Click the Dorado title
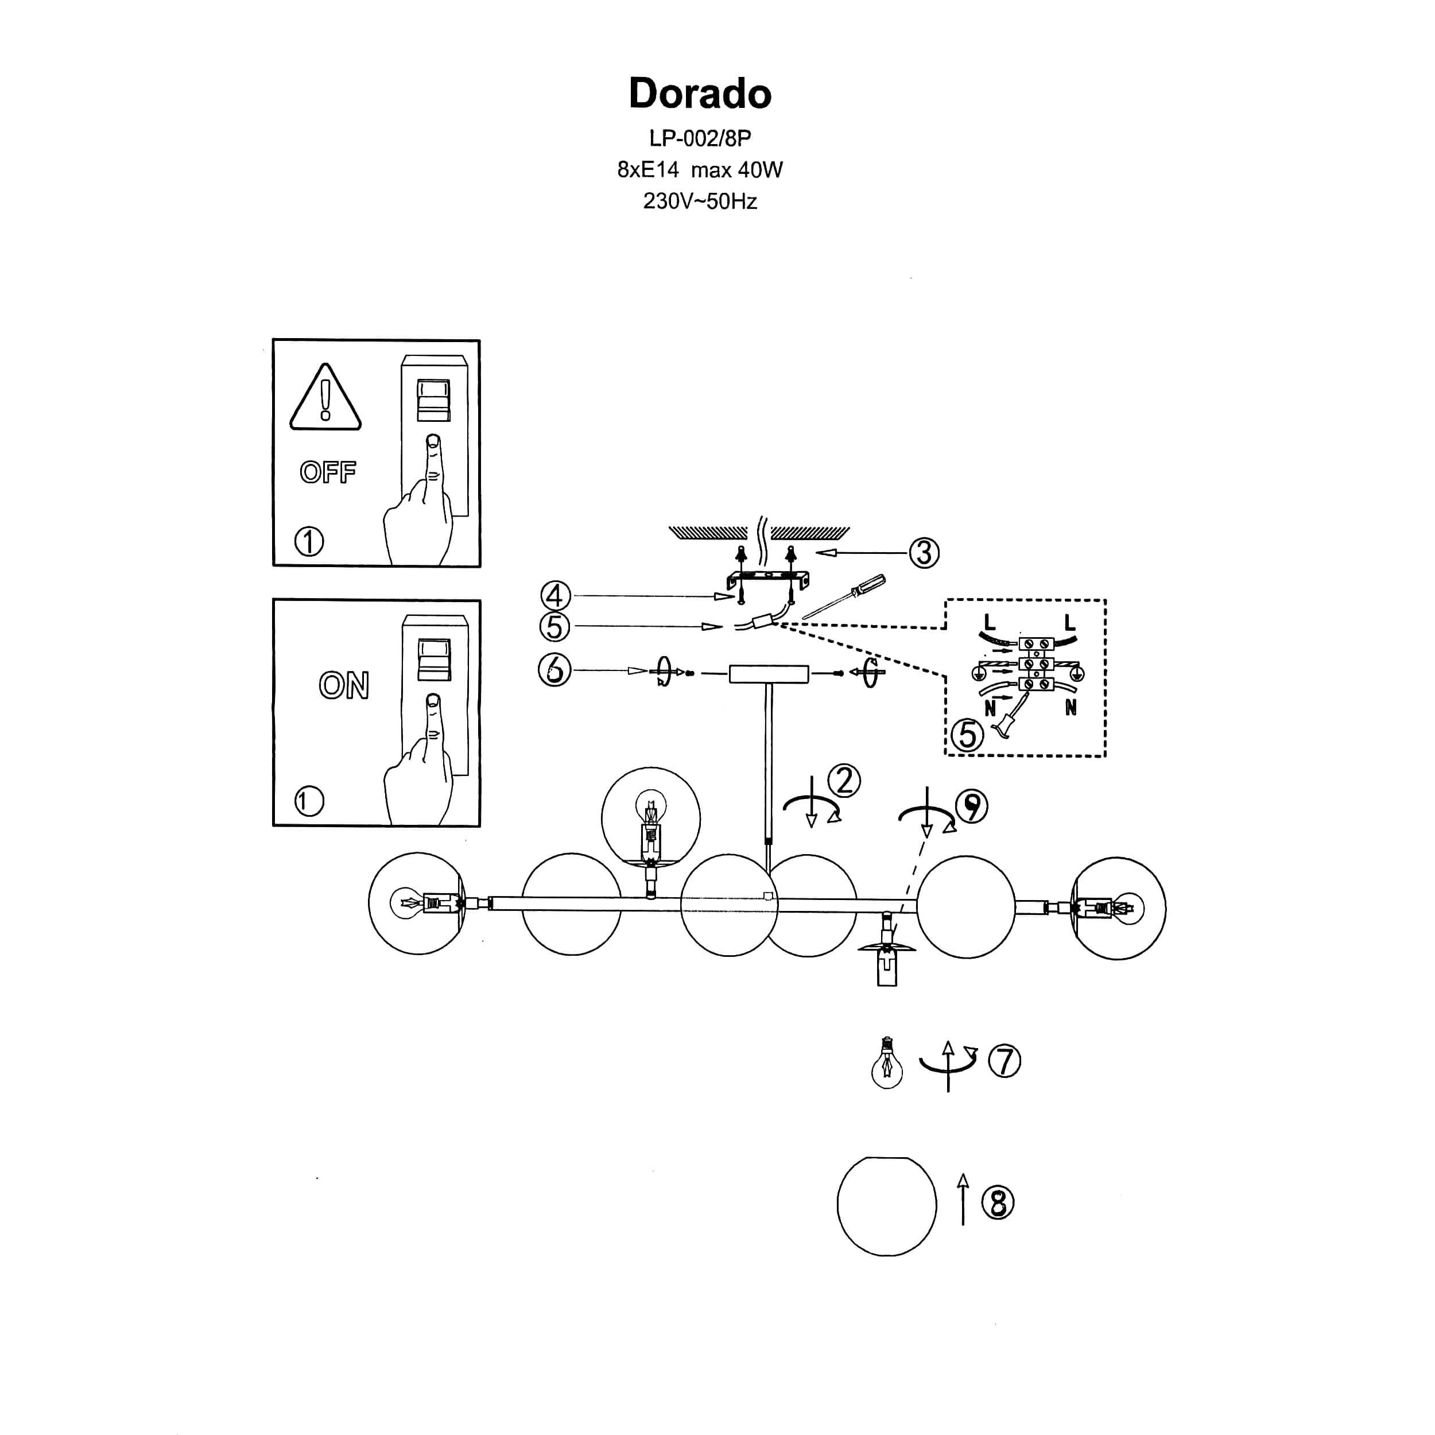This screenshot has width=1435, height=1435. (700, 94)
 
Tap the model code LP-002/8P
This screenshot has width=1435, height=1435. (700, 138)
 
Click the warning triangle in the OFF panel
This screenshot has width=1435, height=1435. (325, 398)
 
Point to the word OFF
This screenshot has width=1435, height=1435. (328, 472)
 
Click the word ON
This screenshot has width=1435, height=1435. (344, 685)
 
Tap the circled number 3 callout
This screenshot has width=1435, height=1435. (924, 553)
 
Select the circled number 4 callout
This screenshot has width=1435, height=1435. (555, 596)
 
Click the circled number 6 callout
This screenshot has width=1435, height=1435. (554, 670)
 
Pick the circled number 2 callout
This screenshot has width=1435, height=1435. (844, 781)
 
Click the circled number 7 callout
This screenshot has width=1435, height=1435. (1004, 1061)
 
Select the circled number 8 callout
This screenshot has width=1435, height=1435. (998, 1203)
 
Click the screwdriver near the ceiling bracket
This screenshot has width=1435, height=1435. (846, 596)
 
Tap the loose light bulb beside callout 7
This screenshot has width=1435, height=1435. (887, 1063)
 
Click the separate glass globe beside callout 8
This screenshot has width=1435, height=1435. (887, 1205)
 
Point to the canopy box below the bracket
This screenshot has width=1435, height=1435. (769, 674)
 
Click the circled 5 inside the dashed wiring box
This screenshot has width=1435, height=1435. (967, 735)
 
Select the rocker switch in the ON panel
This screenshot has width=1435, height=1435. (434, 659)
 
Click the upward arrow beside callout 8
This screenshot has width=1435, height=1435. (963, 1199)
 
